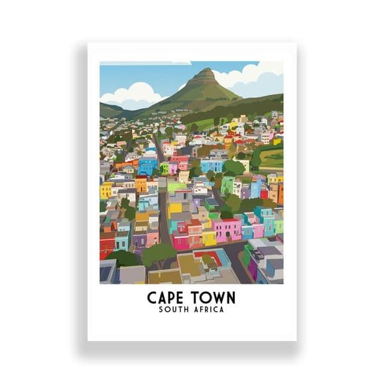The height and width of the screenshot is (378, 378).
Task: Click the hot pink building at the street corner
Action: pos(180,241)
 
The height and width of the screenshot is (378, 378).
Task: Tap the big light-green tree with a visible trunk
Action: pos(159,253)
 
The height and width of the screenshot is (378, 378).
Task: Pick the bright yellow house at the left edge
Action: pos(105,191)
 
